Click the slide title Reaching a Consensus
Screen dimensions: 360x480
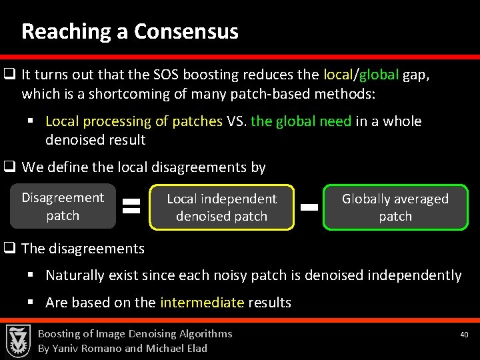tap(130, 31)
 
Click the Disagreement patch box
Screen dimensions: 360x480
tap(63, 207)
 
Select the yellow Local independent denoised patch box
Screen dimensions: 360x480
tap(221, 207)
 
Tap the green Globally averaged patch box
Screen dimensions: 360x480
tap(395, 207)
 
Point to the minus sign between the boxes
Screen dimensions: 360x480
tap(308, 207)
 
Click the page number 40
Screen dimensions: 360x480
tap(465, 334)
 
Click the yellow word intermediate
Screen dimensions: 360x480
tap(202, 303)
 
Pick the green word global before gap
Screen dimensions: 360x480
tap(379, 75)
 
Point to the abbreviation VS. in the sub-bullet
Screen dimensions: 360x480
tap(237, 121)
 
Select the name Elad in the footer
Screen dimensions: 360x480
tap(195, 348)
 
